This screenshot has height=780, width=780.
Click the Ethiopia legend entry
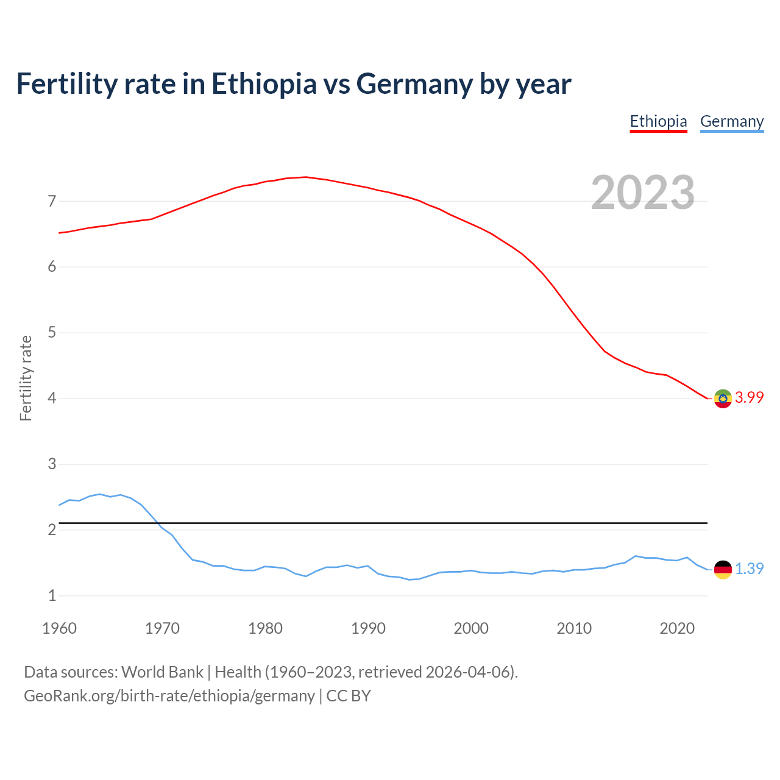pyautogui.click(x=658, y=121)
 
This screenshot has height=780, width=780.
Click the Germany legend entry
pyautogui.click(x=731, y=121)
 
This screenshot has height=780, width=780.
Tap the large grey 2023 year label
pyautogui.click(x=643, y=193)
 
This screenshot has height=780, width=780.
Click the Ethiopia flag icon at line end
pyautogui.click(x=723, y=399)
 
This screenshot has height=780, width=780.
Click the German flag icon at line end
pyautogui.click(x=723, y=569)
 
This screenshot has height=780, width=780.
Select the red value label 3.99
pyautogui.click(x=749, y=397)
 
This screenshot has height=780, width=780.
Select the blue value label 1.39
pyautogui.click(x=749, y=569)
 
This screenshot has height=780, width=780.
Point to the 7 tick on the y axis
pyautogui.click(x=52, y=201)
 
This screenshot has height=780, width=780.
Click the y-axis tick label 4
pyautogui.click(x=52, y=399)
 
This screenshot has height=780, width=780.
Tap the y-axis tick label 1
pyautogui.click(x=52, y=596)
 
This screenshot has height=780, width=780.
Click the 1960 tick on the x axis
pyautogui.click(x=59, y=628)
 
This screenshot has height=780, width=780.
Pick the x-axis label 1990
pyautogui.click(x=368, y=628)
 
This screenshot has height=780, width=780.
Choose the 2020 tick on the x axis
pyautogui.click(x=677, y=628)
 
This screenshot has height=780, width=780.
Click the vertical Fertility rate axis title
pyautogui.click(x=26, y=378)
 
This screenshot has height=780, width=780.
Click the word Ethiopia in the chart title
pyautogui.click(x=264, y=83)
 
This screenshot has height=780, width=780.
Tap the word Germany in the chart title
pyautogui.click(x=414, y=83)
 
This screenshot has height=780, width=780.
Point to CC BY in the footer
pyautogui.click(x=349, y=695)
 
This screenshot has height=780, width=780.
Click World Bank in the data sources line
pyautogui.click(x=162, y=672)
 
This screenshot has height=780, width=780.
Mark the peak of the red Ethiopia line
pyautogui.click(x=305, y=177)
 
